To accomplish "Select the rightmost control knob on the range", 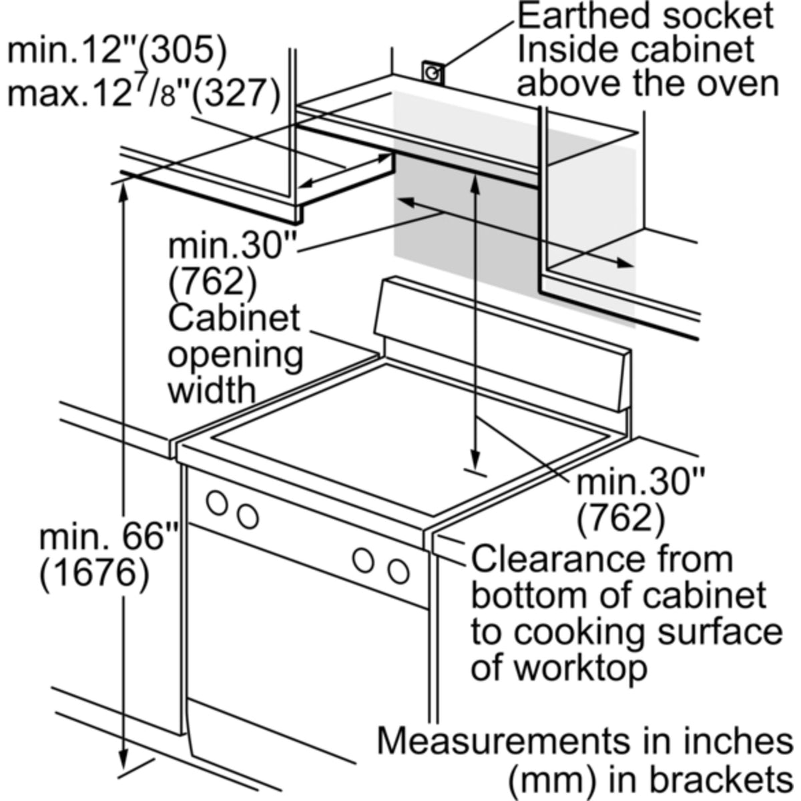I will (x=399, y=571).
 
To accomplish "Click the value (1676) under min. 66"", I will (x=93, y=572).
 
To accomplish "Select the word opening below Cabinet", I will (x=235, y=354).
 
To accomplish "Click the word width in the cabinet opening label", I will (x=212, y=389).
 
